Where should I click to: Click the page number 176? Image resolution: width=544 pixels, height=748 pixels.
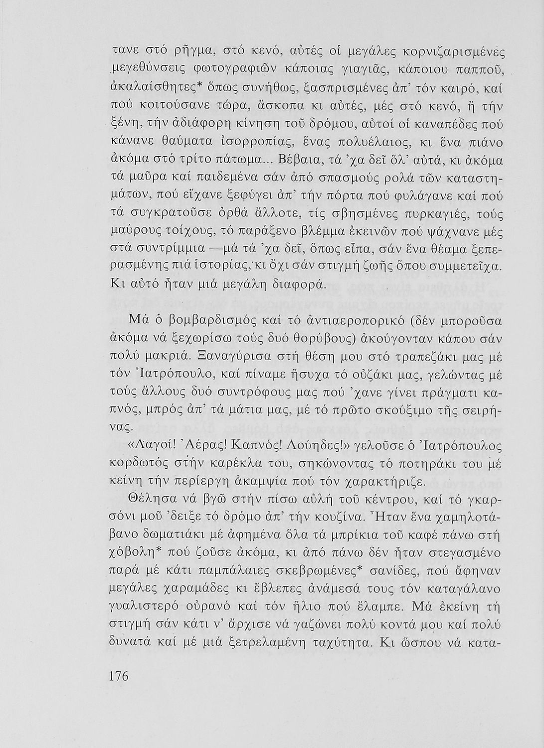(x=119, y=676)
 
